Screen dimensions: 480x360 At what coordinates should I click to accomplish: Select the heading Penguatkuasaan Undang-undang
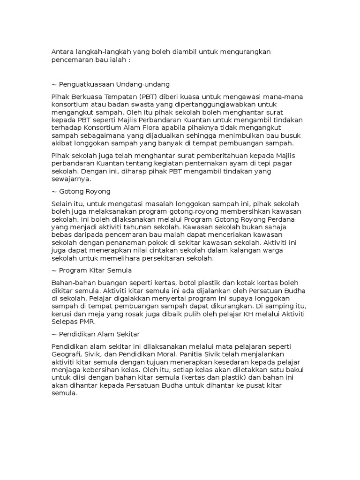(114, 84)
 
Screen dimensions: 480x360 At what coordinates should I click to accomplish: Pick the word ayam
(245, 163)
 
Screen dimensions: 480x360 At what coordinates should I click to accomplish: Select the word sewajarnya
(73, 179)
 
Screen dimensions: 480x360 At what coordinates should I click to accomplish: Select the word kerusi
(63, 314)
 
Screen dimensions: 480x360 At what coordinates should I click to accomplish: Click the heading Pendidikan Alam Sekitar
(98, 334)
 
